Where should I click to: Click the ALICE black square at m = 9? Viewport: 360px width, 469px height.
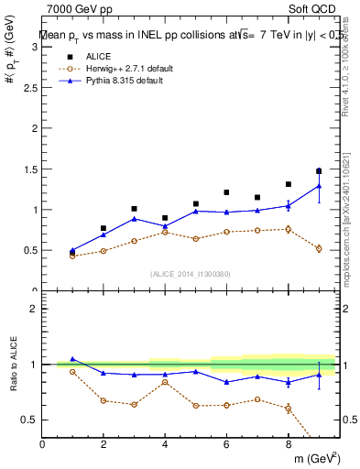pos(318,171)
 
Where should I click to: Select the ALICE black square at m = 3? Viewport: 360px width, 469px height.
pos(134,209)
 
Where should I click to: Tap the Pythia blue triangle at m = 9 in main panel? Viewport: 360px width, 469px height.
pos(318,186)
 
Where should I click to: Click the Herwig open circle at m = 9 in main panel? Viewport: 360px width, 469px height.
pos(318,248)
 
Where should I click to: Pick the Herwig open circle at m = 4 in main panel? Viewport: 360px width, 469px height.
pos(165,232)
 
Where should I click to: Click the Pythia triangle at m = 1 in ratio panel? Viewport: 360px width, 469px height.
pos(72,359)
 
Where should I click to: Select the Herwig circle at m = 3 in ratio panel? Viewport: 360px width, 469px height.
pos(134,404)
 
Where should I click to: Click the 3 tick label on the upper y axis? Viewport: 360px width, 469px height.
pos(35,48)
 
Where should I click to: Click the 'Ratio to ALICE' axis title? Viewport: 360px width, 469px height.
pos(13,365)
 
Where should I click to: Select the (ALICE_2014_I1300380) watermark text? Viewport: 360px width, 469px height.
pos(190,274)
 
